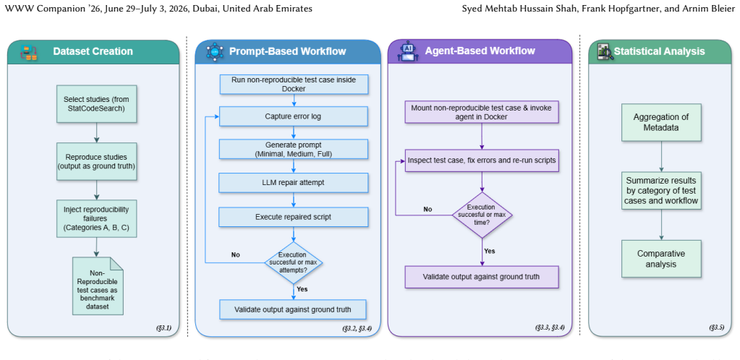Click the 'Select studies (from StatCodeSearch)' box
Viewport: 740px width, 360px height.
pos(96,104)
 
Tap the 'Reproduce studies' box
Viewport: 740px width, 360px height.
pos(96,161)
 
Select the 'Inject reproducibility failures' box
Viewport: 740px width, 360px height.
pos(96,218)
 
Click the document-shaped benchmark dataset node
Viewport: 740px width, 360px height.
pos(98,286)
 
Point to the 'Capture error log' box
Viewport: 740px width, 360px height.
pos(293,116)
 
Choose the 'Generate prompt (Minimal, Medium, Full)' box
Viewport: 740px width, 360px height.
pos(293,149)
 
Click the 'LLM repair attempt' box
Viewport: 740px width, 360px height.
pos(293,183)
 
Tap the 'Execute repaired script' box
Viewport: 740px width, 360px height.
pos(293,217)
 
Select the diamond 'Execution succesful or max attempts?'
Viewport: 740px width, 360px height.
pos(294,262)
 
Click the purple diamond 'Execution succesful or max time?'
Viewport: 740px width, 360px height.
pos(482,215)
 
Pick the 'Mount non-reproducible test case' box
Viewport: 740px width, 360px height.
pos(482,112)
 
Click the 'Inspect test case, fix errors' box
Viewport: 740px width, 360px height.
pos(482,160)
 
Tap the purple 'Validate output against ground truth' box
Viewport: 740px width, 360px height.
pos(482,277)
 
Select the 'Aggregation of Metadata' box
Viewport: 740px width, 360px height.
pos(661,122)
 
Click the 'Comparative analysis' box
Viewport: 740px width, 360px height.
pos(661,259)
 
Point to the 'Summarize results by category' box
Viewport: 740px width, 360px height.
pos(661,191)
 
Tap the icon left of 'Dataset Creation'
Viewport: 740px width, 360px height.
pos(28,52)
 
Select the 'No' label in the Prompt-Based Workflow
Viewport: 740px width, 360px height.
pos(236,254)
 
